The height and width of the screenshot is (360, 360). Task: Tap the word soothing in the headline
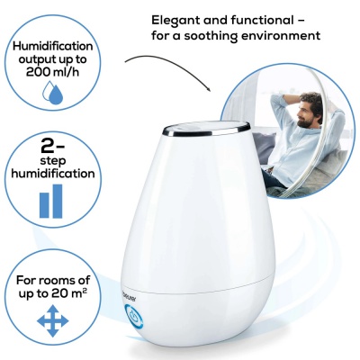[x=212, y=36]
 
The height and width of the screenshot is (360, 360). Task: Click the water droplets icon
[x=52, y=93]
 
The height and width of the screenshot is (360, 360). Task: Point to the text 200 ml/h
[x=52, y=72]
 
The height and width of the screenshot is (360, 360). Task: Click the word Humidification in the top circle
[x=53, y=47]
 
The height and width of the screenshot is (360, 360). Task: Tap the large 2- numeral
[x=53, y=147]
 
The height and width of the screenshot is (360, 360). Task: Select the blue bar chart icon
[x=51, y=201]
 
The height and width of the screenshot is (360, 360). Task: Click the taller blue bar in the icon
[x=58, y=201]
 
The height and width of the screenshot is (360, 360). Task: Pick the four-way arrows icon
[x=52, y=320]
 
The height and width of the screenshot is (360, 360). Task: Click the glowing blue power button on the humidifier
[x=133, y=316]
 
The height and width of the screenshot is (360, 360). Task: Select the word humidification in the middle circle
[x=53, y=174]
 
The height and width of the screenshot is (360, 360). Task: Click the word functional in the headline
[x=262, y=21]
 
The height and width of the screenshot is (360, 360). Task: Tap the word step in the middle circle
[x=53, y=161]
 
